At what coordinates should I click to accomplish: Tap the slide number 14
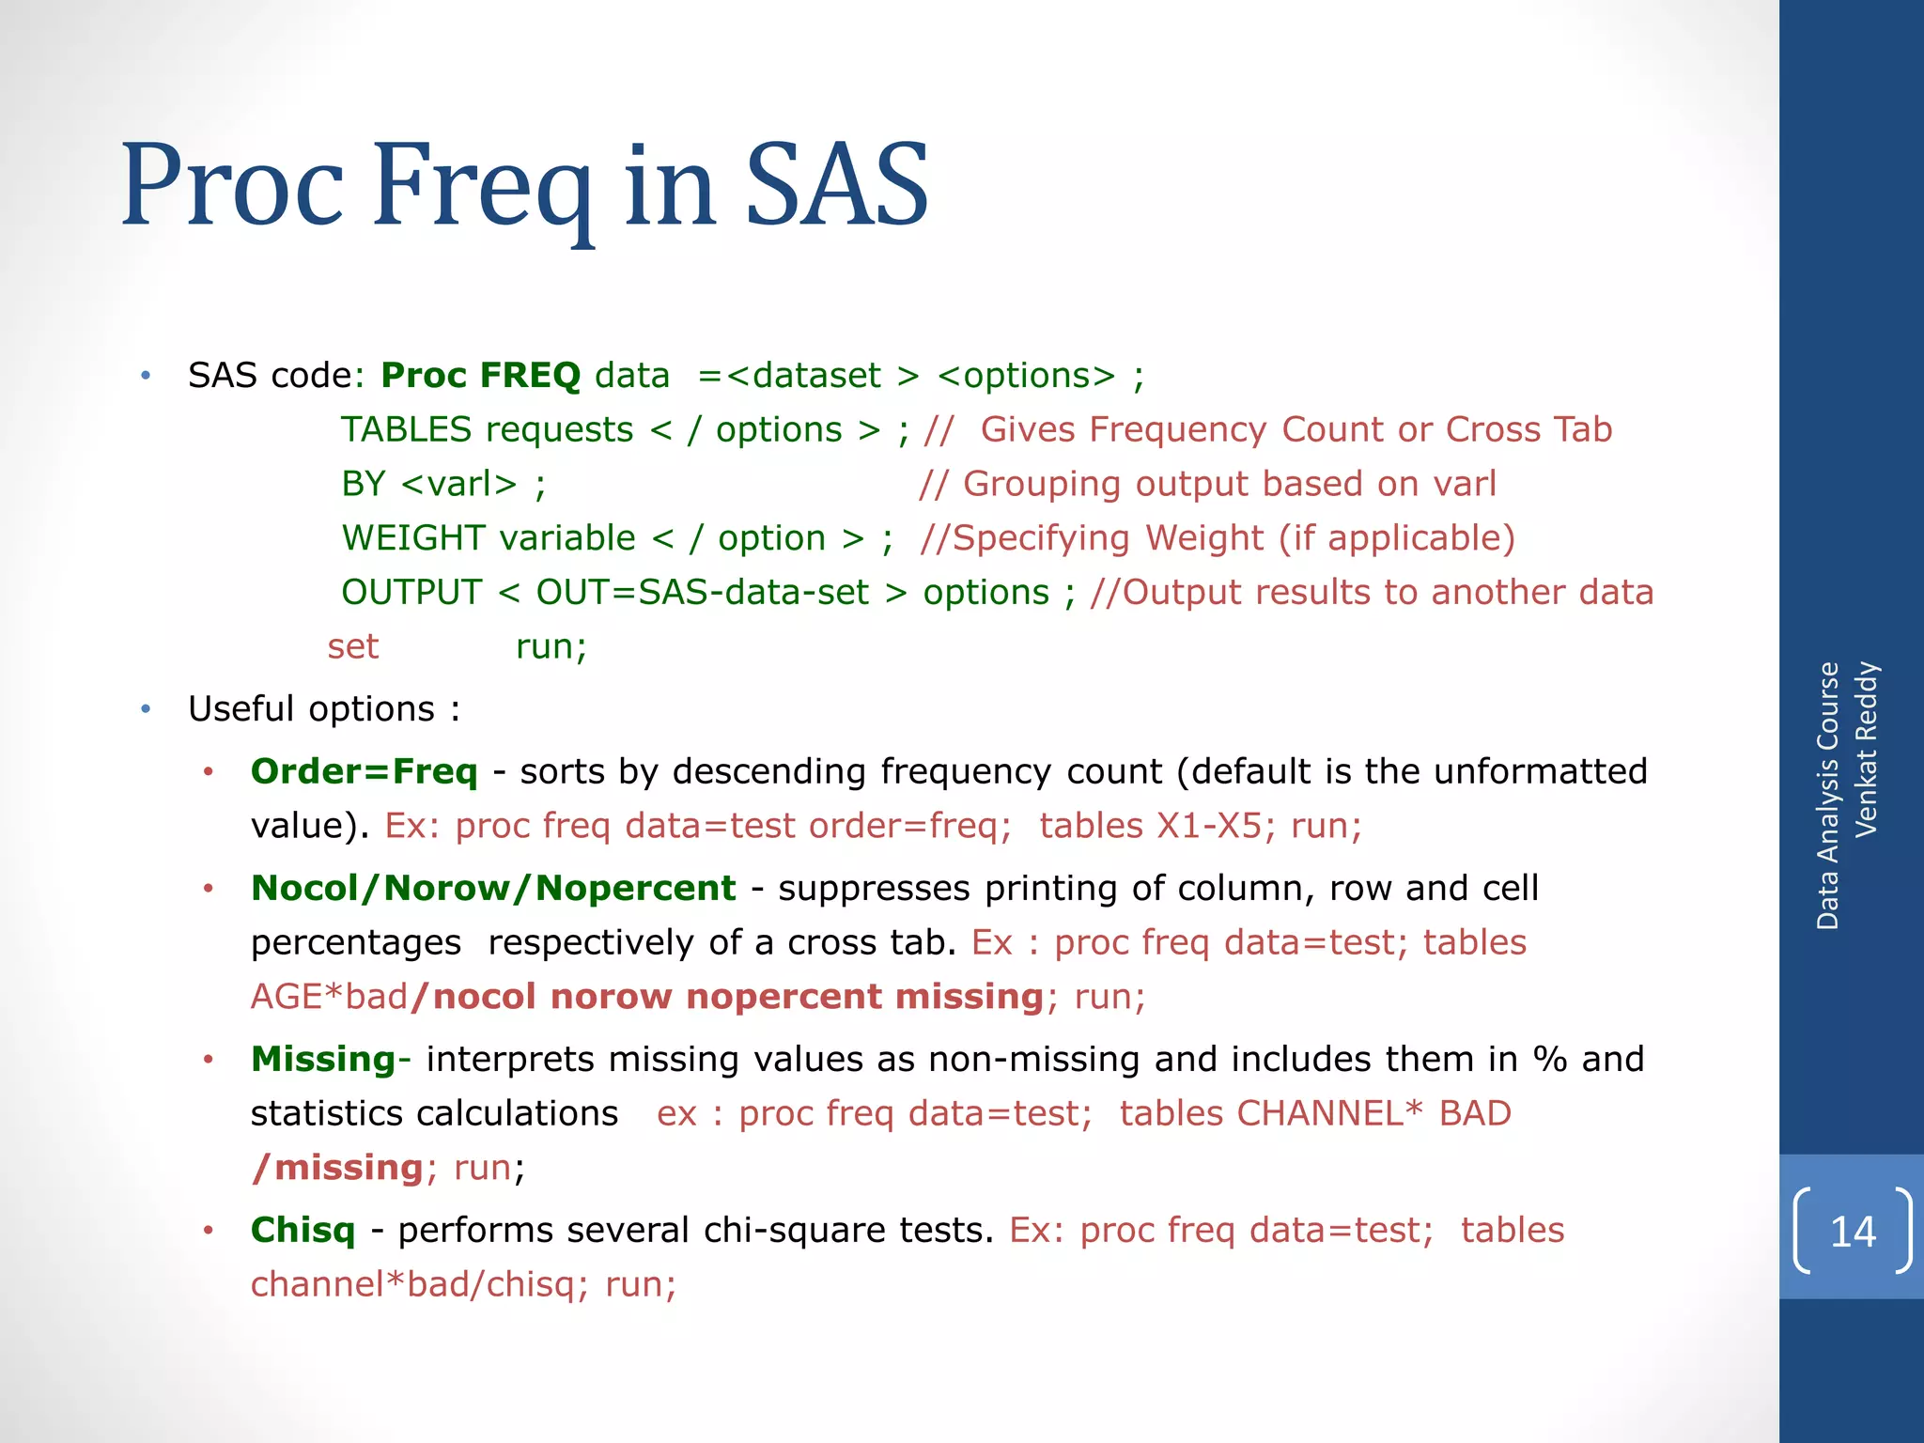1853,1232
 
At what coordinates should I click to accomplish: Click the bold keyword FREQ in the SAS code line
530,376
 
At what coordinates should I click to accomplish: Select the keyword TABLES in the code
406,430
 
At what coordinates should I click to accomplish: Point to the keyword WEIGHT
413,539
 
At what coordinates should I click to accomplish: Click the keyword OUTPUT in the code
411,593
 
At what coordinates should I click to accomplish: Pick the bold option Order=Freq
365,772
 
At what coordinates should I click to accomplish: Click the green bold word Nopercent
636,889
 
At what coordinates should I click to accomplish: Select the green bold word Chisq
303,1231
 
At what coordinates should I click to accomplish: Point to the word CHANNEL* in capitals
1328,1114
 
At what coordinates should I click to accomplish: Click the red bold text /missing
338,1169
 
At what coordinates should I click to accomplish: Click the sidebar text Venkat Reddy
1866,749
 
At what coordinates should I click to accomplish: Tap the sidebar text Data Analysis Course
1827,796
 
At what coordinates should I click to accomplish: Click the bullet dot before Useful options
146,709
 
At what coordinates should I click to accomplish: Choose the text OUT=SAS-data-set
702,593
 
